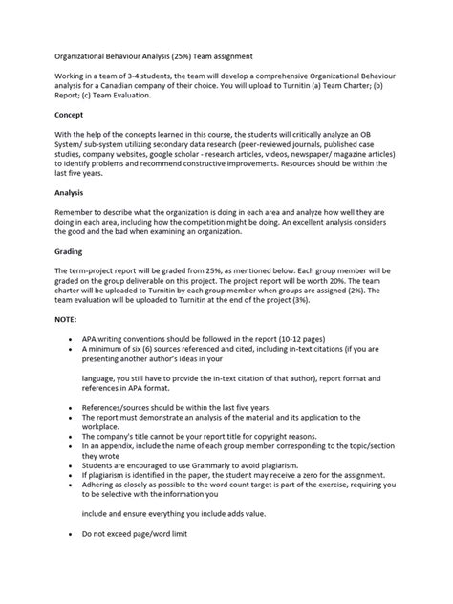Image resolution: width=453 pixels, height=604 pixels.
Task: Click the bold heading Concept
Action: point(69,114)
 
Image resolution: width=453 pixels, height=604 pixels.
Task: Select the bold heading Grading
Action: point(69,253)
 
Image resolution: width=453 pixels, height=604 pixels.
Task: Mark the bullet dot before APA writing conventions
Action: point(73,340)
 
